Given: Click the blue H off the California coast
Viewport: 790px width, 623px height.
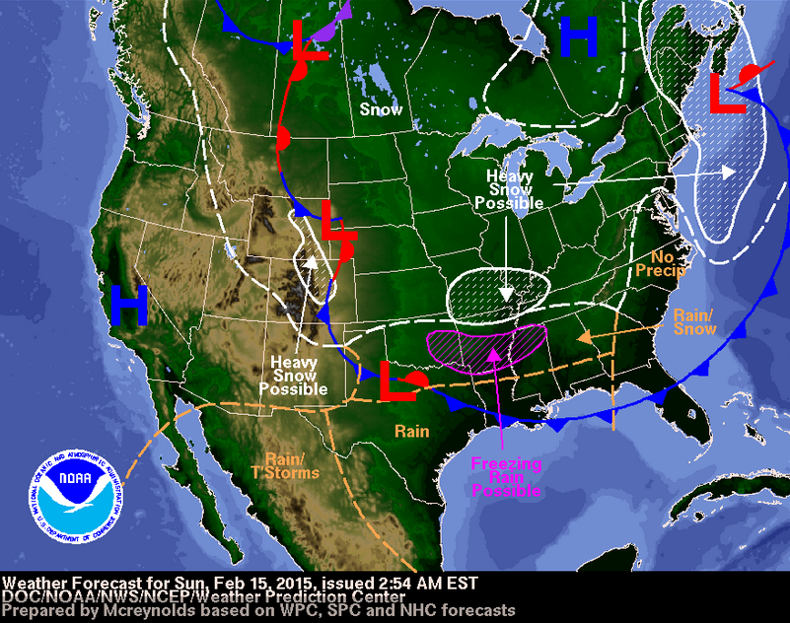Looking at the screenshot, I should tap(129, 306).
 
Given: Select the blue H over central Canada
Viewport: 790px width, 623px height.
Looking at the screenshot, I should tap(579, 37).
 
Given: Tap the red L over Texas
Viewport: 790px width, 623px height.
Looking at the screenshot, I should tap(396, 381).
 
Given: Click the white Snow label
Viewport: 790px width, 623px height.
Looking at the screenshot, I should tap(381, 109).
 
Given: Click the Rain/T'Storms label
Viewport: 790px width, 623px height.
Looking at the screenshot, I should tap(293, 465).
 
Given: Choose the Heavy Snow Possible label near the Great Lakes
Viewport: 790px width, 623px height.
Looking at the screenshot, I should tap(510, 188).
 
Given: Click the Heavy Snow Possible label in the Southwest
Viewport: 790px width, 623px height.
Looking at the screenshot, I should tap(293, 376).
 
